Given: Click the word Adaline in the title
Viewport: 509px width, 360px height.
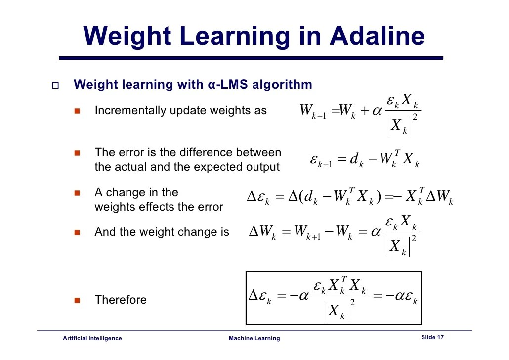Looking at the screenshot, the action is (377, 36).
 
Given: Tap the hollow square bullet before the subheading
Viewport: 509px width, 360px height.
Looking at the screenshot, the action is (55, 86).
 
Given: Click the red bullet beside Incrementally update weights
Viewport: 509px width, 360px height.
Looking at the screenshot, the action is (77, 111).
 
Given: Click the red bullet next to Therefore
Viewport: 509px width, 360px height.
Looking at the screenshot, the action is (77, 300).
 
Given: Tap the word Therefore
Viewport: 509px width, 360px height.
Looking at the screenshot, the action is (121, 300).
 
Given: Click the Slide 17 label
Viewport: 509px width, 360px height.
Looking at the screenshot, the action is (432, 337).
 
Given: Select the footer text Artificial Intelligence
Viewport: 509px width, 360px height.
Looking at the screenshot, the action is (92, 338).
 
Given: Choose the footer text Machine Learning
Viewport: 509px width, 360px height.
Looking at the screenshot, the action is (254, 338).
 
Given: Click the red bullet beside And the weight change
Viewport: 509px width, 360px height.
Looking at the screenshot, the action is (77, 232).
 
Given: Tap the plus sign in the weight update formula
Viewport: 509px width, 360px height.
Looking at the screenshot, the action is (365, 111).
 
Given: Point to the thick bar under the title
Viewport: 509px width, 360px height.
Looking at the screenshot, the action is (251, 58).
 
